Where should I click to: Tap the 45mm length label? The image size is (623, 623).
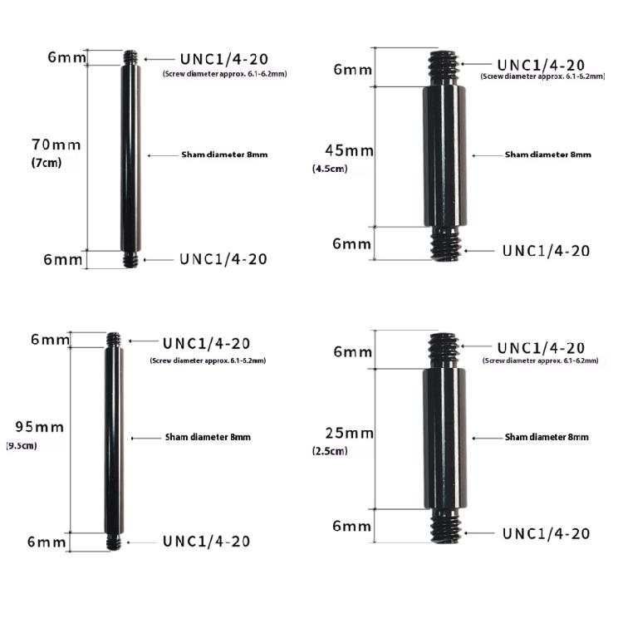tap(350, 151)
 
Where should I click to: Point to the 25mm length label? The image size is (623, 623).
tap(349, 434)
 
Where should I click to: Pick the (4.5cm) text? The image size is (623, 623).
tap(330, 169)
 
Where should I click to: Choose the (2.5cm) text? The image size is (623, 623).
tap(331, 451)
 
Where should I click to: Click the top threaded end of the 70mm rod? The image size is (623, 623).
tap(130, 58)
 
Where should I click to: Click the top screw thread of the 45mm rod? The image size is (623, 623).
tap(444, 66)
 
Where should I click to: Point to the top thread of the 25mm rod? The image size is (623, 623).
tap(444, 348)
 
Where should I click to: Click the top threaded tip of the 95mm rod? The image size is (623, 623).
tap(114, 340)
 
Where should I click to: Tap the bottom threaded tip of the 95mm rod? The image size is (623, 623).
tap(114, 542)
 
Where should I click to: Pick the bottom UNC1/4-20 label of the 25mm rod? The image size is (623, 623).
tap(547, 533)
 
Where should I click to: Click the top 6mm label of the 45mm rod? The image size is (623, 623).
tap(353, 69)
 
